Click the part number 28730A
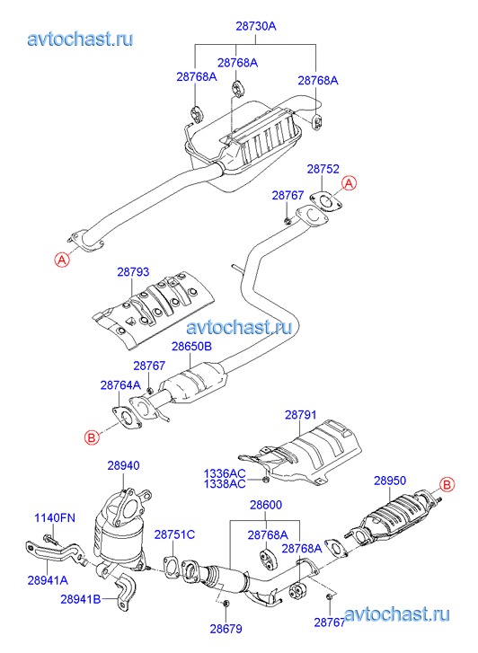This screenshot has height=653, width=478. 256,26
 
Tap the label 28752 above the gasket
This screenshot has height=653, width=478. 323,169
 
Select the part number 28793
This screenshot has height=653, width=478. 133,272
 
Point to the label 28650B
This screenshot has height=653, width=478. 191,346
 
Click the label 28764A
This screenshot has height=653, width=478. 120,385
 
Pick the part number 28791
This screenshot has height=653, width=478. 301,415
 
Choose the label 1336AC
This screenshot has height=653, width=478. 225,473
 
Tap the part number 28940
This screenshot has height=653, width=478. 123,465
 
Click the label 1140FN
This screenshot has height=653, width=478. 55,518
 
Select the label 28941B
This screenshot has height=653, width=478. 81,599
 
